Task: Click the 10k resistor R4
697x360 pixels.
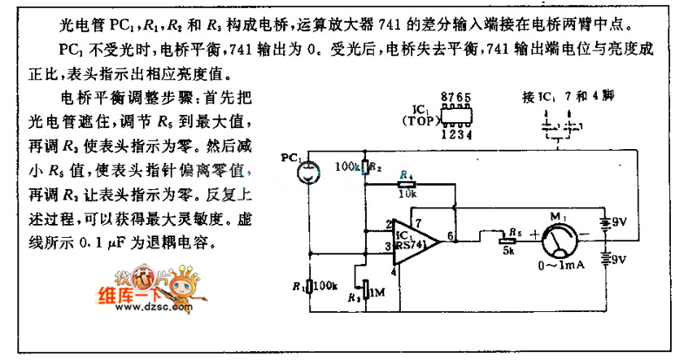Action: click(x=406, y=185)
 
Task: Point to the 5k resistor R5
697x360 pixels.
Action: click(x=506, y=234)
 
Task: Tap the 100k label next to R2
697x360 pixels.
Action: click(x=348, y=165)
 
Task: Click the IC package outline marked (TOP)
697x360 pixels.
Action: click(x=458, y=117)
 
